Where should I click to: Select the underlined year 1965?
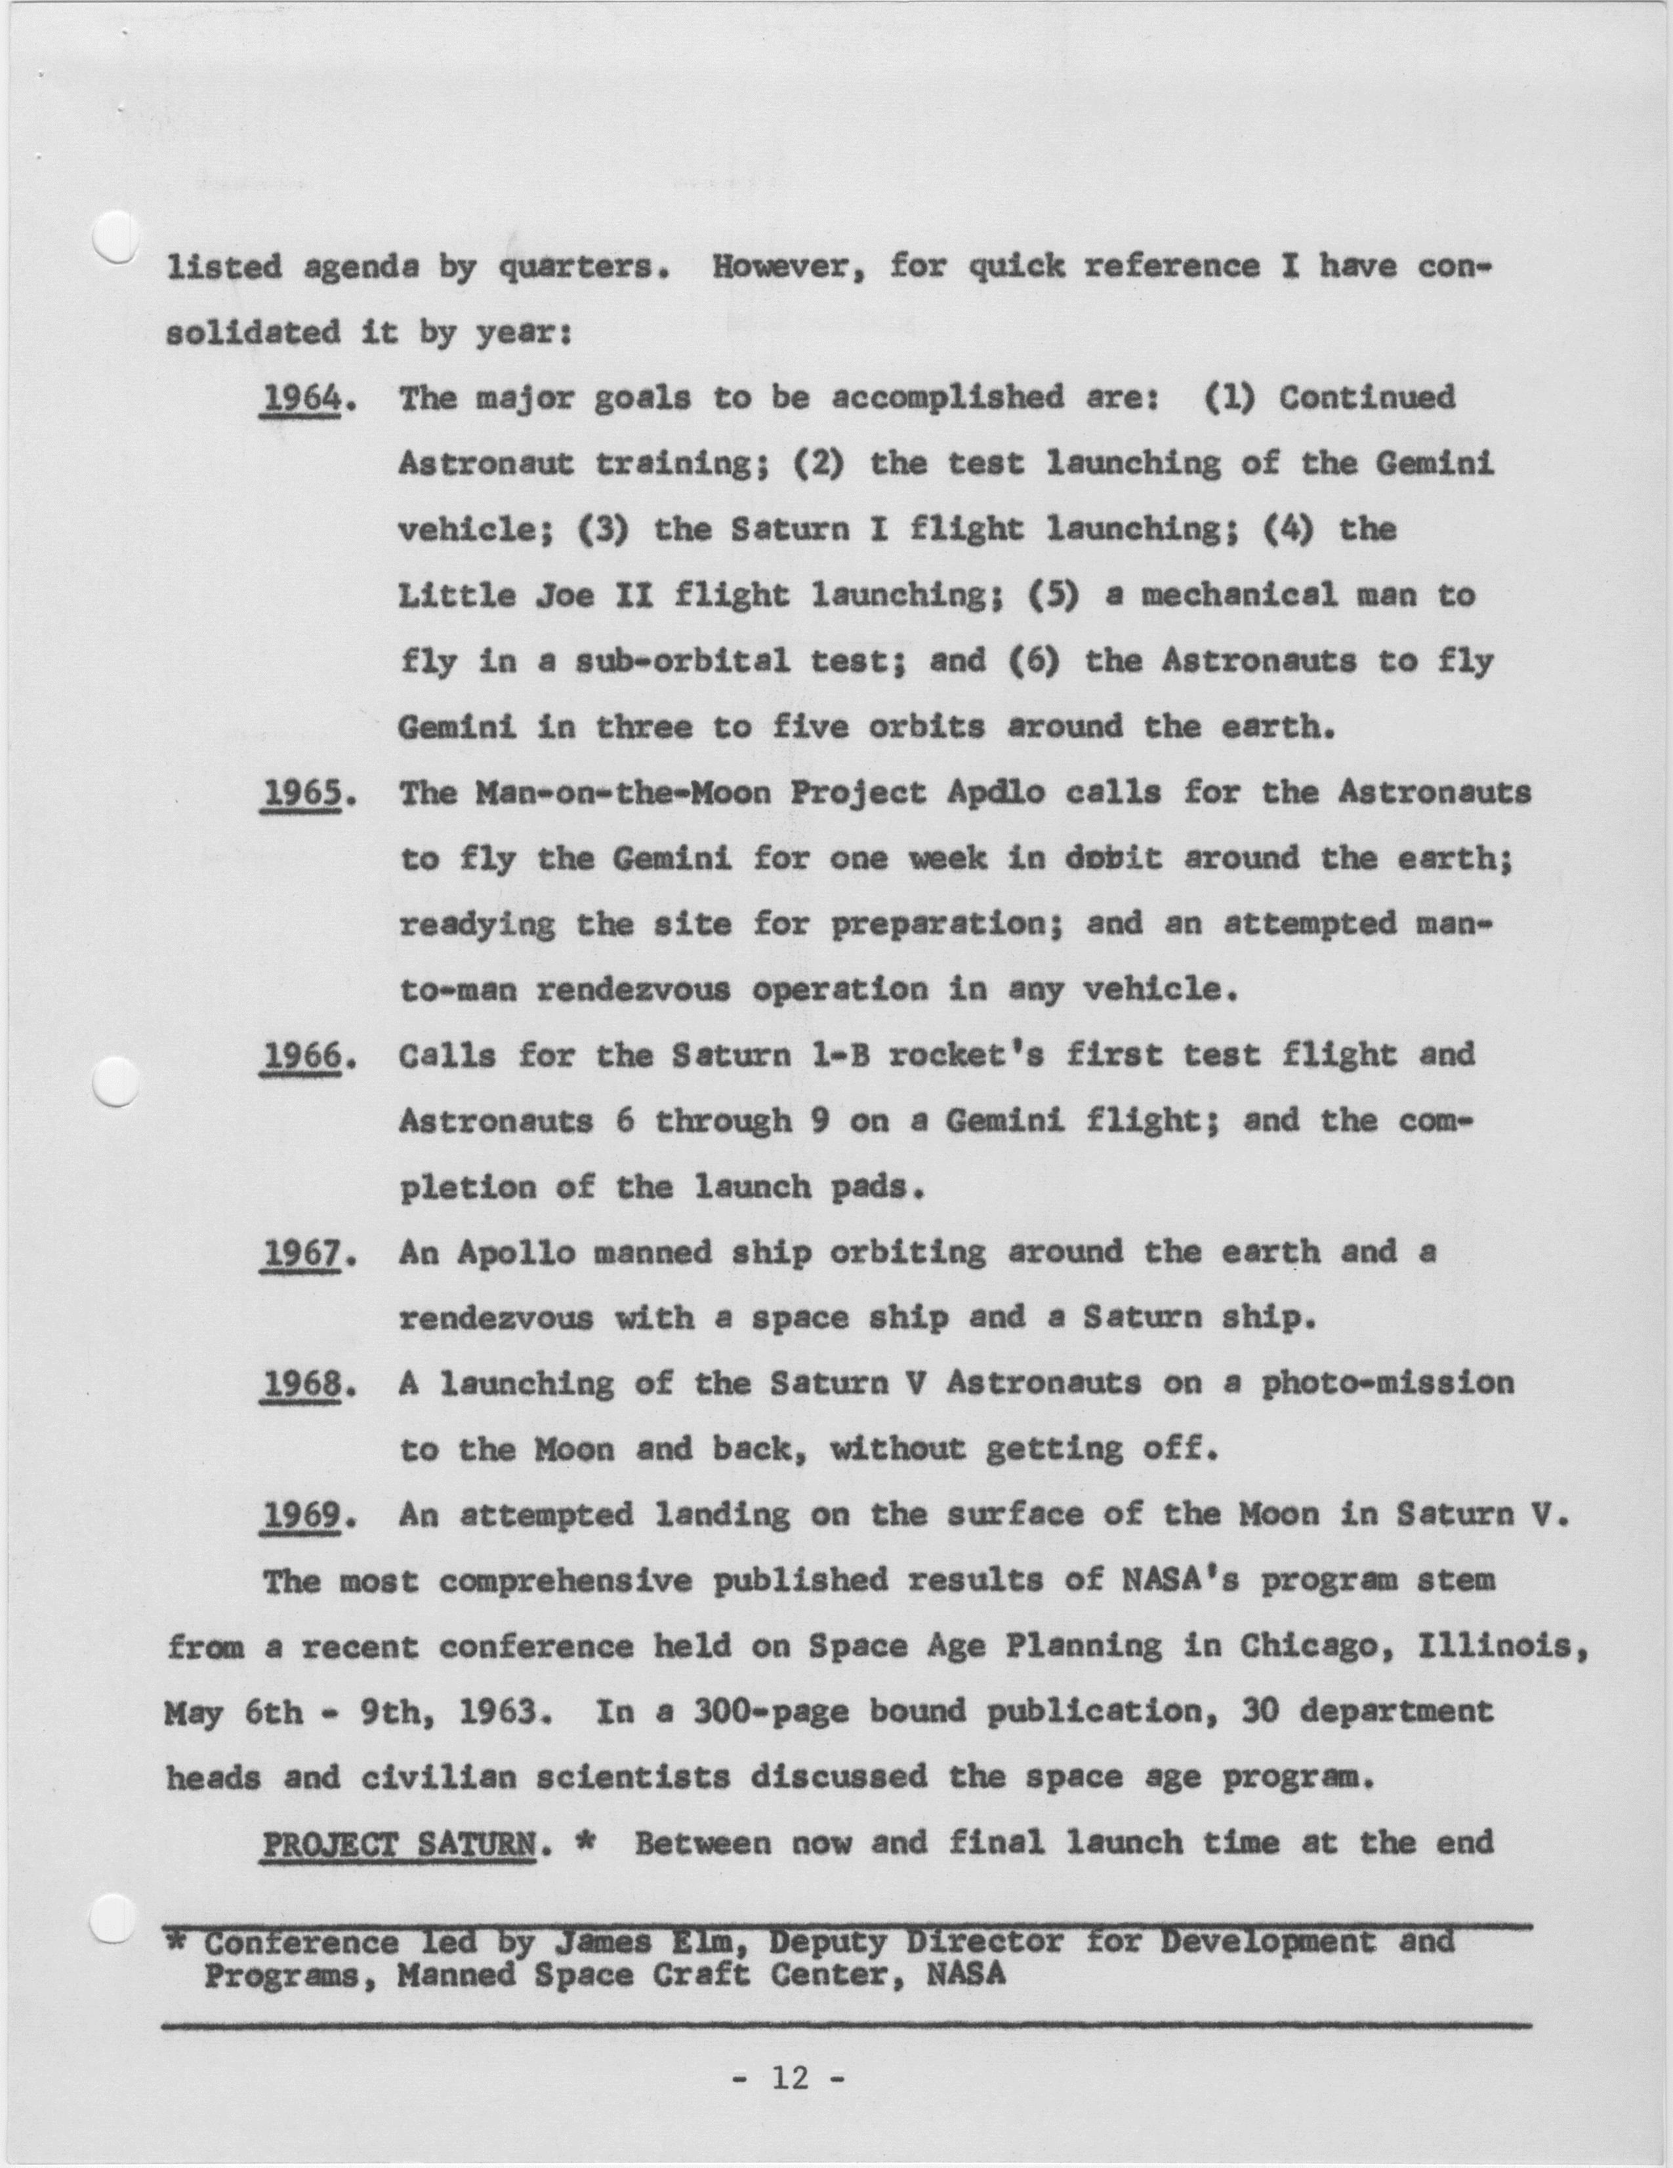pyautogui.click(x=302, y=794)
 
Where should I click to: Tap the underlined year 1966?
pyautogui.click(x=302, y=1056)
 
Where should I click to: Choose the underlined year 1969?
pyautogui.click(x=302, y=1516)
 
